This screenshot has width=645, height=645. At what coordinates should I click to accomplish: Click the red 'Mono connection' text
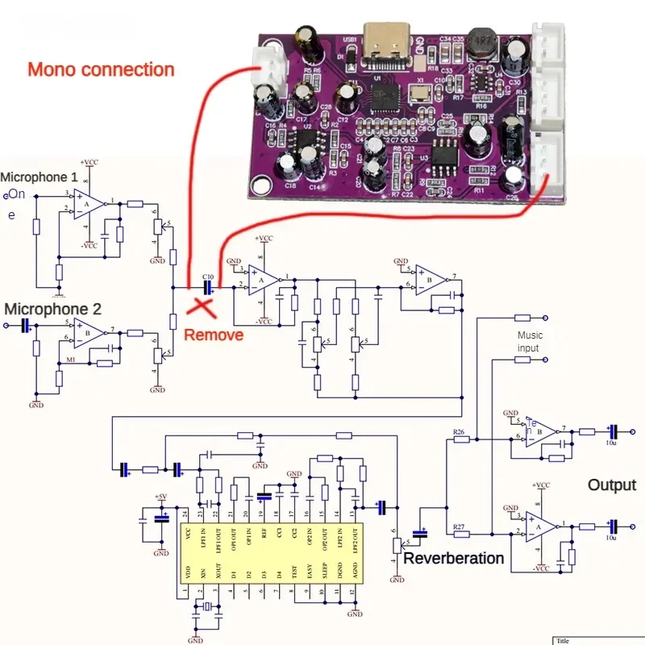[x=101, y=69]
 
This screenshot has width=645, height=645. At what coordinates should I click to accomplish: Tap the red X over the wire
[x=202, y=305]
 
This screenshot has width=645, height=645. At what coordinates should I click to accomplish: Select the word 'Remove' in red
[x=214, y=334]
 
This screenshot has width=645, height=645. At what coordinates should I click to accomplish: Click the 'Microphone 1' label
[x=40, y=177]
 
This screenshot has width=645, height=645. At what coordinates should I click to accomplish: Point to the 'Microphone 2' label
[x=53, y=309]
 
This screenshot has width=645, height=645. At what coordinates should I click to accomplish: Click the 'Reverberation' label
[x=453, y=558]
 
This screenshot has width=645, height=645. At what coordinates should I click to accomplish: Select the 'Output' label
[x=611, y=485]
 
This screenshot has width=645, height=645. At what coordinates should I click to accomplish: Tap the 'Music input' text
[x=529, y=341]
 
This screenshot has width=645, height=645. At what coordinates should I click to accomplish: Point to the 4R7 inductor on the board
[x=482, y=42]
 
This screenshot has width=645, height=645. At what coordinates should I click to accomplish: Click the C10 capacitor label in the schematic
[x=208, y=276]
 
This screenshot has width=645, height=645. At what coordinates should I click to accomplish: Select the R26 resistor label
[x=460, y=432]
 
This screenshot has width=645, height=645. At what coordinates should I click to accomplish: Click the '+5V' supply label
[x=161, y=496]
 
